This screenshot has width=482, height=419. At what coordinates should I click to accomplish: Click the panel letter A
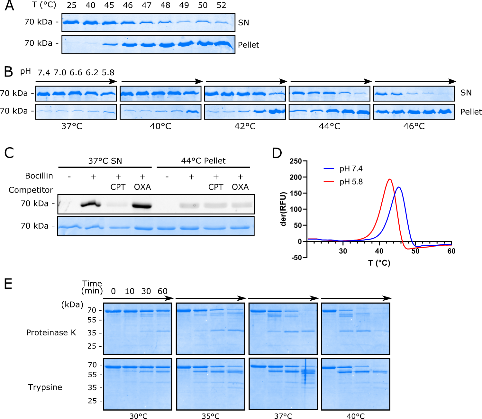(9, 6)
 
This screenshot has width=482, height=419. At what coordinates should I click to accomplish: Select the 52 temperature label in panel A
(221, 5)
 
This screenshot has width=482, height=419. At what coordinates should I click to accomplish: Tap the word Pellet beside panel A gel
(248, 45)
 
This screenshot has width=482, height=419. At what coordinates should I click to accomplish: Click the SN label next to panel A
(243, 23)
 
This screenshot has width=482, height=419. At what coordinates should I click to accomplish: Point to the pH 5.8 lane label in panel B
(108, 73)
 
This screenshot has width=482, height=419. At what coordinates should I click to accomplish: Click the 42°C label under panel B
(245, 126)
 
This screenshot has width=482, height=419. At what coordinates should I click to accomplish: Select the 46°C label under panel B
(414, 126)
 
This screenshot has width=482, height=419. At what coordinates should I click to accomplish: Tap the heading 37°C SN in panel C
(105, 161)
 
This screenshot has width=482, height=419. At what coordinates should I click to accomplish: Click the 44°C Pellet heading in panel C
(203, 161)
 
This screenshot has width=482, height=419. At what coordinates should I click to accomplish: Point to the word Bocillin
(39, 176)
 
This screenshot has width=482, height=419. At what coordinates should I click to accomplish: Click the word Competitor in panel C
(31, 190)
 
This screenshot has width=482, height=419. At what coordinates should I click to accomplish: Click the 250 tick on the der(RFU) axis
(296, 161)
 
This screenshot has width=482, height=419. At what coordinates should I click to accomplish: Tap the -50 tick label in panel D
(296, 258)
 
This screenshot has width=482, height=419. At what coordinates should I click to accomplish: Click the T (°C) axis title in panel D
(379, 263)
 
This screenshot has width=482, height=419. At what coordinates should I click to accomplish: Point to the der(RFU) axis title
(283, 209)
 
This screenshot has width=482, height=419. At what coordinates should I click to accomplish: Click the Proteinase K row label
(51, 332)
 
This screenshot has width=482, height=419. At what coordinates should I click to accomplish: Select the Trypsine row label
(45, 387)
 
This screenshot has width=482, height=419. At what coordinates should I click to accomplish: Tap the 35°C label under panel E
(211, 416)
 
